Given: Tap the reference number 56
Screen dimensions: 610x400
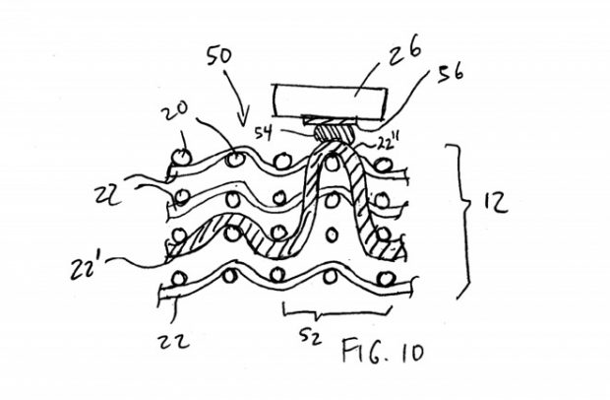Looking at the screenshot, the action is coord(451,73).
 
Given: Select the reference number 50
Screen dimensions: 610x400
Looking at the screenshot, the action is coord(219,56).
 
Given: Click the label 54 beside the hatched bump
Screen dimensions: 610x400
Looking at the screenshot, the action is coord(264,134).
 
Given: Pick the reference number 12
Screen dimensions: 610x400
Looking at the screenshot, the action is coord(496,202).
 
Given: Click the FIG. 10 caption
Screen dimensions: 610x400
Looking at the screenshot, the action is coord(383,351).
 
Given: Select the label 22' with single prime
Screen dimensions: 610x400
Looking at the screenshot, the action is coord(84,268).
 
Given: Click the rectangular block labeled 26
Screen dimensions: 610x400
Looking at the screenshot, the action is coord(331,100).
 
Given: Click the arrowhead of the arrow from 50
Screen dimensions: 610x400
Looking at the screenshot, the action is coord(244,120).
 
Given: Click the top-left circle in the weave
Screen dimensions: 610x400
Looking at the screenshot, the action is coord(182,157).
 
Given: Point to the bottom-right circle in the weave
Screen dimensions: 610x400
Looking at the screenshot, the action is coord(386,279).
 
